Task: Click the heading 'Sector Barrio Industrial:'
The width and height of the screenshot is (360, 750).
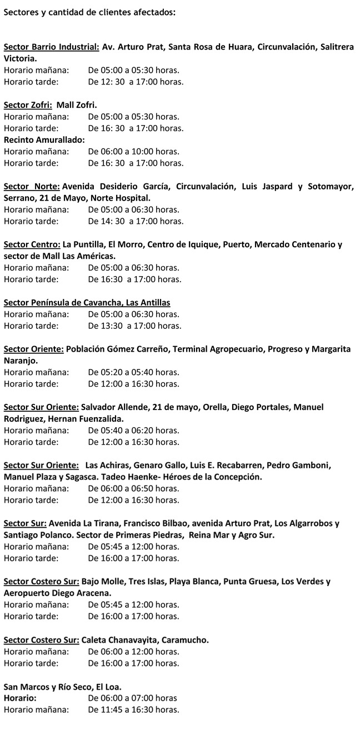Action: point(51,47)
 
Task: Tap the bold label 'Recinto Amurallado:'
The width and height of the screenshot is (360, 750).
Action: point(44,139)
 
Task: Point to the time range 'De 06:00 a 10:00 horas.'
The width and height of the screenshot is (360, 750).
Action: point(134,151)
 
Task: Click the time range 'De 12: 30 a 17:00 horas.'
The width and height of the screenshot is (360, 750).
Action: point(136,82)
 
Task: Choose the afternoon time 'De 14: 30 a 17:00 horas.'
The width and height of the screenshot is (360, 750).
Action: point(136,221)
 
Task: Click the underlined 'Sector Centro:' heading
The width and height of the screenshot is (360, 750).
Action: point(32,244)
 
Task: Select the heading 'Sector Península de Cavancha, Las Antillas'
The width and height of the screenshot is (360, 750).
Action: point(87,303)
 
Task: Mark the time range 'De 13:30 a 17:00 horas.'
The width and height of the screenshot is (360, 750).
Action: point(135,326)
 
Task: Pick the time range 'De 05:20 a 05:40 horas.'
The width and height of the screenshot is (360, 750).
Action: point(134,372)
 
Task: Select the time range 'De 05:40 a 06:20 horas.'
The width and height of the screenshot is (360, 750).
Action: point(134,431)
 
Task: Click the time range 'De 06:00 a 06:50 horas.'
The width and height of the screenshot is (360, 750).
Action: point(134,488)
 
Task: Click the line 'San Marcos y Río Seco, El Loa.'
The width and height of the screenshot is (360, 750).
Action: point(63,687)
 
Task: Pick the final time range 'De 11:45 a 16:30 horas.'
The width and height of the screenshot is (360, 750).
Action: point(134,709)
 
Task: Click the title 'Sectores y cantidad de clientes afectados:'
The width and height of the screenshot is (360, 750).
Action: point(89,12)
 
